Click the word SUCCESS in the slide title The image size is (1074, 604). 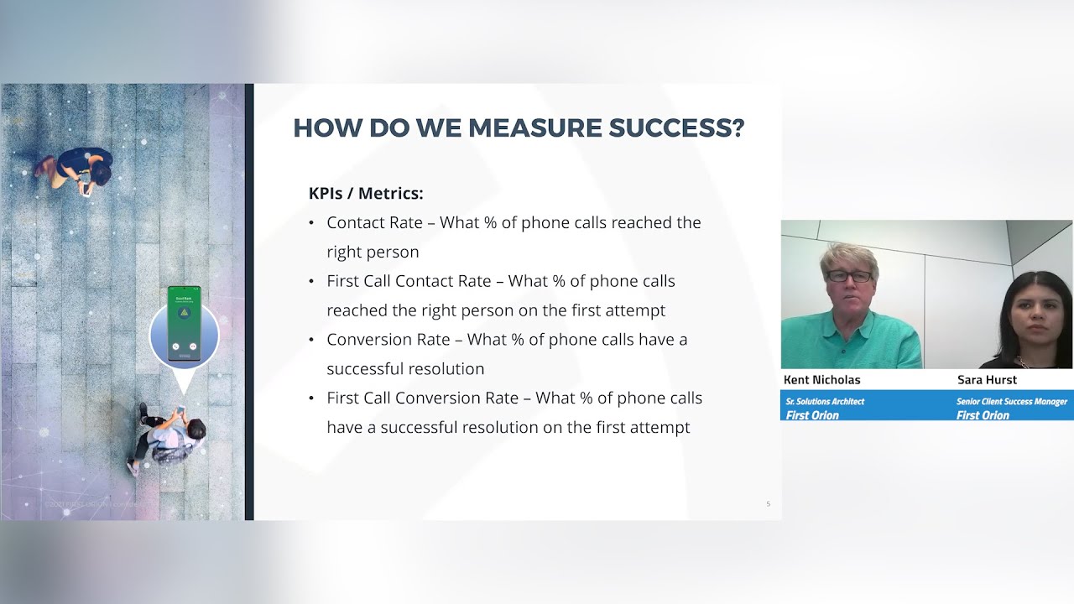676,128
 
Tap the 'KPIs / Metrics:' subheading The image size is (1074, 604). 366,194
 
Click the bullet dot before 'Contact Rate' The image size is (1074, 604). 311,223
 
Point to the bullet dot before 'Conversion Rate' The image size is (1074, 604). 311,340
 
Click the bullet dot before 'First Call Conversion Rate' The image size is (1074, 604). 311,398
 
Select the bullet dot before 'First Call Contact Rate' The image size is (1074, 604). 311,281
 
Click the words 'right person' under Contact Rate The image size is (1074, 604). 373,252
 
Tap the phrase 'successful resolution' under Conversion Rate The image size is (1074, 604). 405,368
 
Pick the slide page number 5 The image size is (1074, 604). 768,504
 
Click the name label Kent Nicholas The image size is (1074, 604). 821,380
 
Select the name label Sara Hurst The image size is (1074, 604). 987,380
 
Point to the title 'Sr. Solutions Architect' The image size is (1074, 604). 825,402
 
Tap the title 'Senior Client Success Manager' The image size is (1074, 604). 1011,402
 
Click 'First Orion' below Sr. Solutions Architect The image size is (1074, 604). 811,414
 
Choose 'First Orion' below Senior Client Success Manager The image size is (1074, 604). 982,414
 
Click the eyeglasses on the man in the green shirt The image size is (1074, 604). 848,276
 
